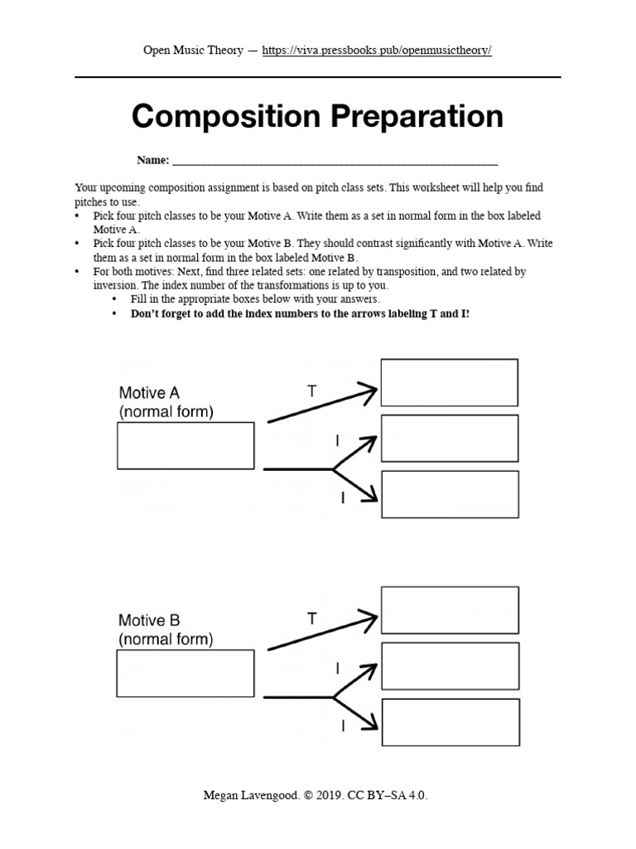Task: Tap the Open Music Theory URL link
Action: pos(377,51)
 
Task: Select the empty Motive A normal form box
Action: pos(185,446)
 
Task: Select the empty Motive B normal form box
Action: pos(185,673)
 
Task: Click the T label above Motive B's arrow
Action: pos(311,619)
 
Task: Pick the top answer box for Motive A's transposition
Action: pos(449,382)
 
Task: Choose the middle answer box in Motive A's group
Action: pos(449,439)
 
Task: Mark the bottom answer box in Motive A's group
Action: pos(449,494)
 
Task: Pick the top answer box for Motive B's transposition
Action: pos(449,609)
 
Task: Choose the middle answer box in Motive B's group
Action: pos(449,666)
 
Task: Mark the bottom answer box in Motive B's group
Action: pos(449,722)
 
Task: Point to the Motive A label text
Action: pos(149,392)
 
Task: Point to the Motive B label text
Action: pos(149,620)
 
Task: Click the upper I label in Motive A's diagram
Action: pos(337,442)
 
